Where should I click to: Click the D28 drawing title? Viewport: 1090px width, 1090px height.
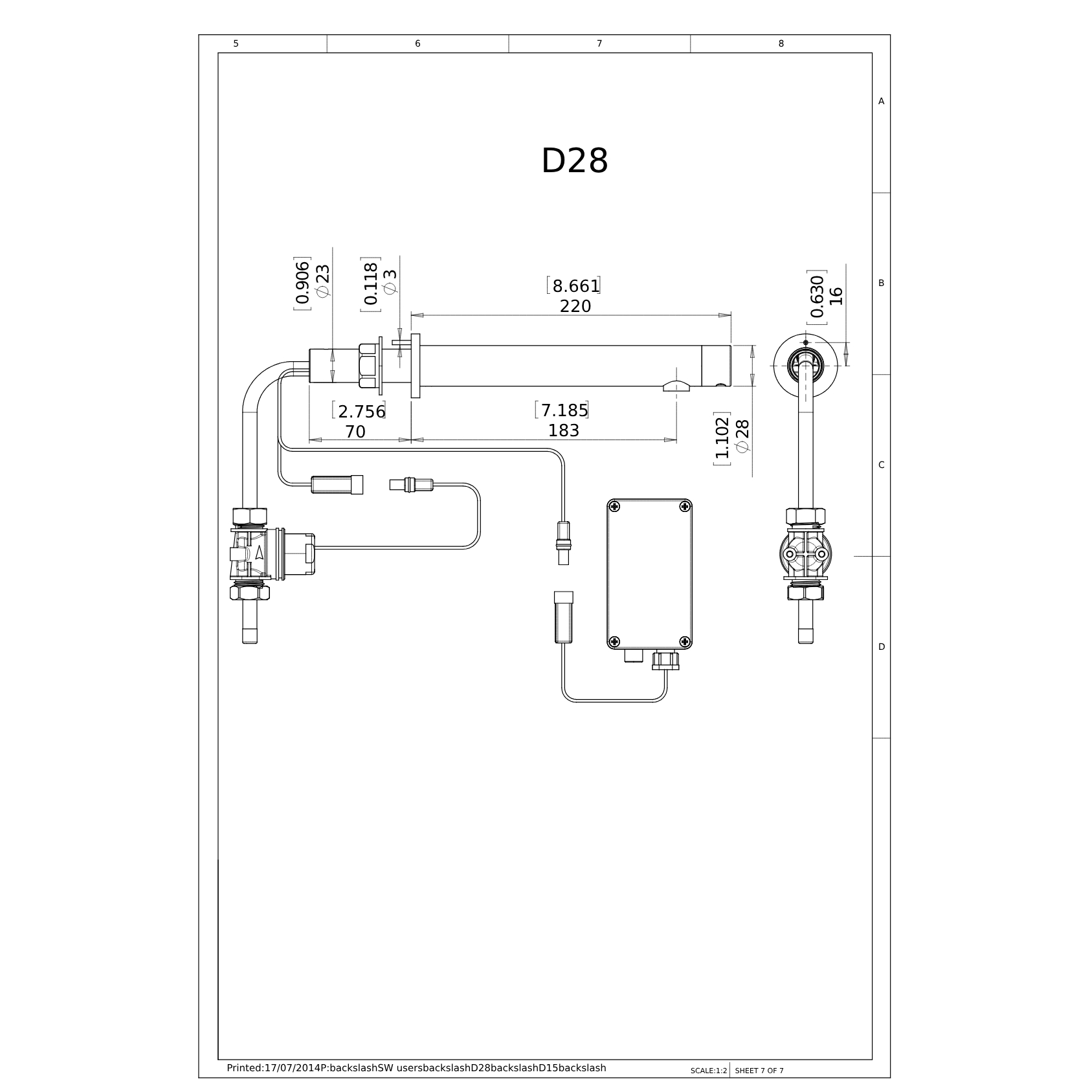(574, 161)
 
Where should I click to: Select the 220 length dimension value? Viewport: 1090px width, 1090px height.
(575, 306)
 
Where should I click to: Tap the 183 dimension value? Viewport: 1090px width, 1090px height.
(564, 430)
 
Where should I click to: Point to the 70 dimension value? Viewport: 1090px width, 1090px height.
(355, 431)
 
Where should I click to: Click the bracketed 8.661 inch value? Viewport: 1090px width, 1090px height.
(573, 285)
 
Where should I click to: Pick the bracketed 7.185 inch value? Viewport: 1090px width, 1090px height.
(562, 410)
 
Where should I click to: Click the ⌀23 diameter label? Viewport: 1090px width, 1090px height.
(322, 281)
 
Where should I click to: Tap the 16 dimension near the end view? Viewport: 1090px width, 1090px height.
(836, 296)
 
